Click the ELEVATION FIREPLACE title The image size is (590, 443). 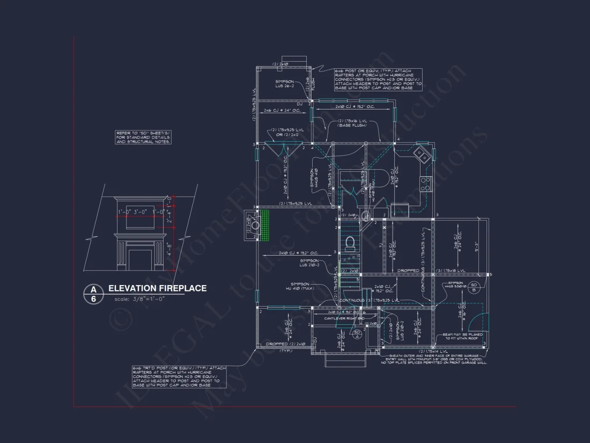pyautogui.click(x=157, y=288)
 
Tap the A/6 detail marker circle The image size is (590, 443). pyautogui.click(x=94, y=294)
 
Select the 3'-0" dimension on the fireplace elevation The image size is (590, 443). pyautogui.click(x=142, y=212)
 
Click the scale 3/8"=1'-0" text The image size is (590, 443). pyautogui.click(x=139, y=299)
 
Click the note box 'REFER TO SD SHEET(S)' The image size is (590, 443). pyautogui.click(x=143, y=137)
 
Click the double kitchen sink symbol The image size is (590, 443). pyautogui.click(x=422, y=156)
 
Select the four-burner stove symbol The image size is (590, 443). pyautogui.click(x=425, y=184)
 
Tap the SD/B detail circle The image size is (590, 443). pyautogui.click(x=474, y=287)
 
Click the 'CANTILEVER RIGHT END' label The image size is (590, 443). pyautogui.click(x=344, y=318)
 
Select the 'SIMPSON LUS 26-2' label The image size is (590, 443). pyautogui.click(x=284, y=84)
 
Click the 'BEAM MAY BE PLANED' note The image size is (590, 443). pyautogui.click(x=462, y=337)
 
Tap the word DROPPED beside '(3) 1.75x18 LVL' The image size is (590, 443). pyautogui.click(x=408, y=271)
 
